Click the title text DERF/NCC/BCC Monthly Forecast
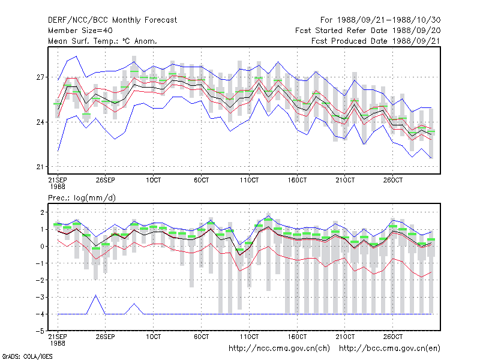pos(112,20)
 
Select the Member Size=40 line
pos(80,31)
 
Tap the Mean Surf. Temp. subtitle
pos(103,41)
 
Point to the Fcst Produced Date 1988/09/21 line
pos(376,41)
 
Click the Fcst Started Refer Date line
pos(368,31)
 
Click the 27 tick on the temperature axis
pos(40,77)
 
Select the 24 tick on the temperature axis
pos(40,122)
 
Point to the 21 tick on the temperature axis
pos(40,167)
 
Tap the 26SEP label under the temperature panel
pos(106,180)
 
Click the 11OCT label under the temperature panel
pos(249,180)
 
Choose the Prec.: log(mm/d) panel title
pos(82,198)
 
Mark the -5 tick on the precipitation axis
pos(40,331)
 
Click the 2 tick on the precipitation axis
pos(42,212)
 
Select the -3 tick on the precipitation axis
pos(40,297)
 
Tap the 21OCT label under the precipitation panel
pos(345,337)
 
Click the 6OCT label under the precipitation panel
pos(202,337)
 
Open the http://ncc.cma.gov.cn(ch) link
pos(279,349)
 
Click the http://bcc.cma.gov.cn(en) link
pos(389,349)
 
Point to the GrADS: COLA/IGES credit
pos(27,356)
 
